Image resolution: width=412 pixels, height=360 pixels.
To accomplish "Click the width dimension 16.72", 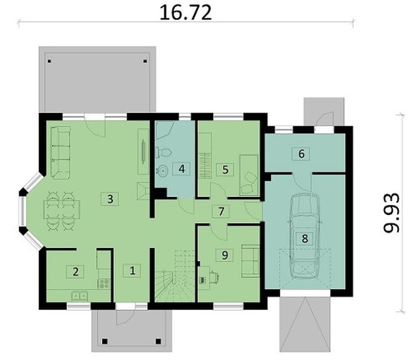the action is tap(185, 12).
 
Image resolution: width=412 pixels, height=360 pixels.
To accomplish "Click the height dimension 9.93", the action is tap(391, 213).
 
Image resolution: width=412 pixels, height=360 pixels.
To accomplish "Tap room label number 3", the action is tap(110, 199).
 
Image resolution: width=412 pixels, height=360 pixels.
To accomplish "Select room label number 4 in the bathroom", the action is tap(181, 169).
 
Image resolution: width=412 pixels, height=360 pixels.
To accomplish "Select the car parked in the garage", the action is tap(305, 236).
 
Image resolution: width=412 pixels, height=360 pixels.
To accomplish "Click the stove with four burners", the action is tap(104, 284).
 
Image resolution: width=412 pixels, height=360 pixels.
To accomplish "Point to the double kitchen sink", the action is tap(79, 296).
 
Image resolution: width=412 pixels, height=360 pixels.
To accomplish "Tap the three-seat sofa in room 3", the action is tap(60, 152).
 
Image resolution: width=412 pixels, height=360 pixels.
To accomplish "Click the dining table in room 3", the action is tap(61, 209).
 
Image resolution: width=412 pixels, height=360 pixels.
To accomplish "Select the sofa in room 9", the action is tap(250, 261).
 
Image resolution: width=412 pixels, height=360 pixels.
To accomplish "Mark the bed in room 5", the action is tap(248, 175).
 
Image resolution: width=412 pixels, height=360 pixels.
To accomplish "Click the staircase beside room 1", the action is tap(174, 276).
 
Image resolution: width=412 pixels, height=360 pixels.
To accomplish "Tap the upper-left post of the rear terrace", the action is tap(49, 61).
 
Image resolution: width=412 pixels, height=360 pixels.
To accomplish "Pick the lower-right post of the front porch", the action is tap(158, 341).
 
